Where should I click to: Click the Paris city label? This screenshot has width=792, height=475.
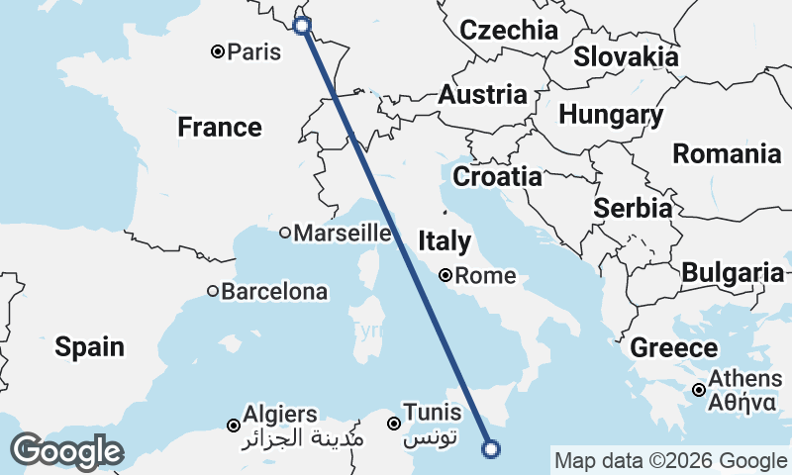(254, 51)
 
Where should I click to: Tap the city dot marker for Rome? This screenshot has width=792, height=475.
(446, 275)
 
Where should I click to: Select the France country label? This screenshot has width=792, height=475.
(220, 128)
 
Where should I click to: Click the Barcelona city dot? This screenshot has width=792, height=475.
(213, 291)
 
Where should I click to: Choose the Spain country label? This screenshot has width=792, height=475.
(89, 346)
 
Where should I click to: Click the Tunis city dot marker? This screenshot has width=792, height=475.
(394, 424)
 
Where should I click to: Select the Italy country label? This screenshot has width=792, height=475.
(444, 240)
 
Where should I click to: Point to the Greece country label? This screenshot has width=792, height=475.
(674, 348)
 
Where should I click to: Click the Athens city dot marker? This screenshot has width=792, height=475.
(699, 390)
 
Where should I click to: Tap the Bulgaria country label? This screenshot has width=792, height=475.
(734, 272)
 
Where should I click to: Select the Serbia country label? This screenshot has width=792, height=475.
(633, 209)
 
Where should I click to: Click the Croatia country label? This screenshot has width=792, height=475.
(497, 177)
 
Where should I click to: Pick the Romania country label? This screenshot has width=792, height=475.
(727, 153)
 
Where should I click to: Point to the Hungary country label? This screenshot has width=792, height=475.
(610, 116)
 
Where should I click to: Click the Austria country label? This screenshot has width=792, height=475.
(482, 96)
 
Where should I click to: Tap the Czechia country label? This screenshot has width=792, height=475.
(509, 30)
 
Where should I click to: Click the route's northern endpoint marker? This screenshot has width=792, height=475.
(302, 25)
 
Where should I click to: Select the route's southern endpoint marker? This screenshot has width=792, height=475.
(490, 449)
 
